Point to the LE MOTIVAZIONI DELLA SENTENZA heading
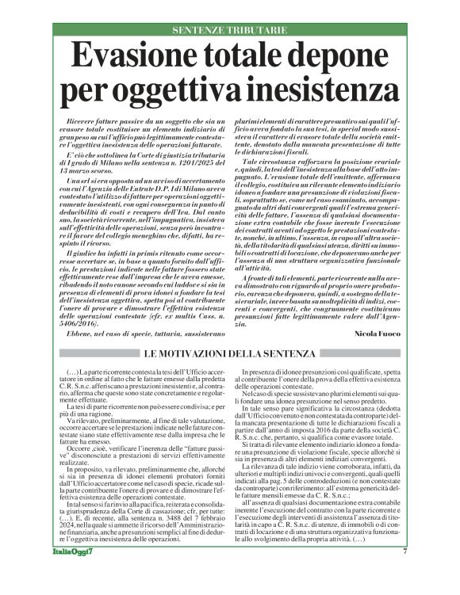click(229, 350)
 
